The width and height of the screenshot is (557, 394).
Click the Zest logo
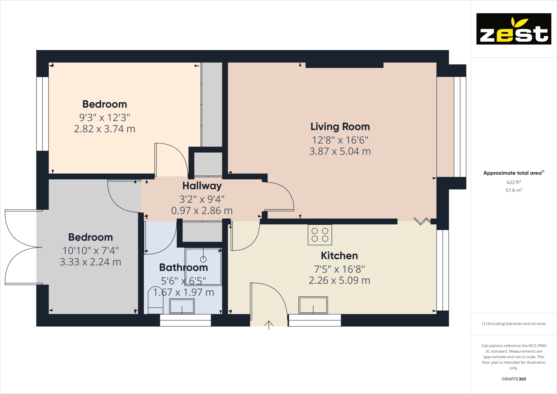point(514,29)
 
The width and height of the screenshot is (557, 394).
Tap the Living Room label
point(340,127)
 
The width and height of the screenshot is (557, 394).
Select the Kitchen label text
point(339,256)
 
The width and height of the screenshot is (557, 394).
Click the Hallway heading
point(202,186)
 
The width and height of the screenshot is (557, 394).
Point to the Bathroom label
point(183,267)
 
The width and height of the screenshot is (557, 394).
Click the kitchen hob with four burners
point(320,235)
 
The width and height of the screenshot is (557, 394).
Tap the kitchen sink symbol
point(313,305)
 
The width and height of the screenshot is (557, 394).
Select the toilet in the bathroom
point(156,300)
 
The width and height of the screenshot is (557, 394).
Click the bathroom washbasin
point(182,306)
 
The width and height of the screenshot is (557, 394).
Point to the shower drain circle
point(203,259)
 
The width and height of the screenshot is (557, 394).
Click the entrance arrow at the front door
point(269,325)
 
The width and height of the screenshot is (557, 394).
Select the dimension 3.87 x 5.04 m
point(340,152)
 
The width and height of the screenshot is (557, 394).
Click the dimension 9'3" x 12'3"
point(105,118)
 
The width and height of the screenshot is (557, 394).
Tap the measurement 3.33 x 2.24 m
point(90,262)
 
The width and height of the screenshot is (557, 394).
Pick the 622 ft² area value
point(514,182)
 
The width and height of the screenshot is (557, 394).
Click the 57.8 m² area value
point(514,190)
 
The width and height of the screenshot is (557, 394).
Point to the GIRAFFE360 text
point(514,379)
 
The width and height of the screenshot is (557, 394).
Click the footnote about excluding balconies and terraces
point(514,324)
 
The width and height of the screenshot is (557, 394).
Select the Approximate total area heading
point(512,173)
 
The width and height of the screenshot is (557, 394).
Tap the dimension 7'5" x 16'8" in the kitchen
point(339,269)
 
